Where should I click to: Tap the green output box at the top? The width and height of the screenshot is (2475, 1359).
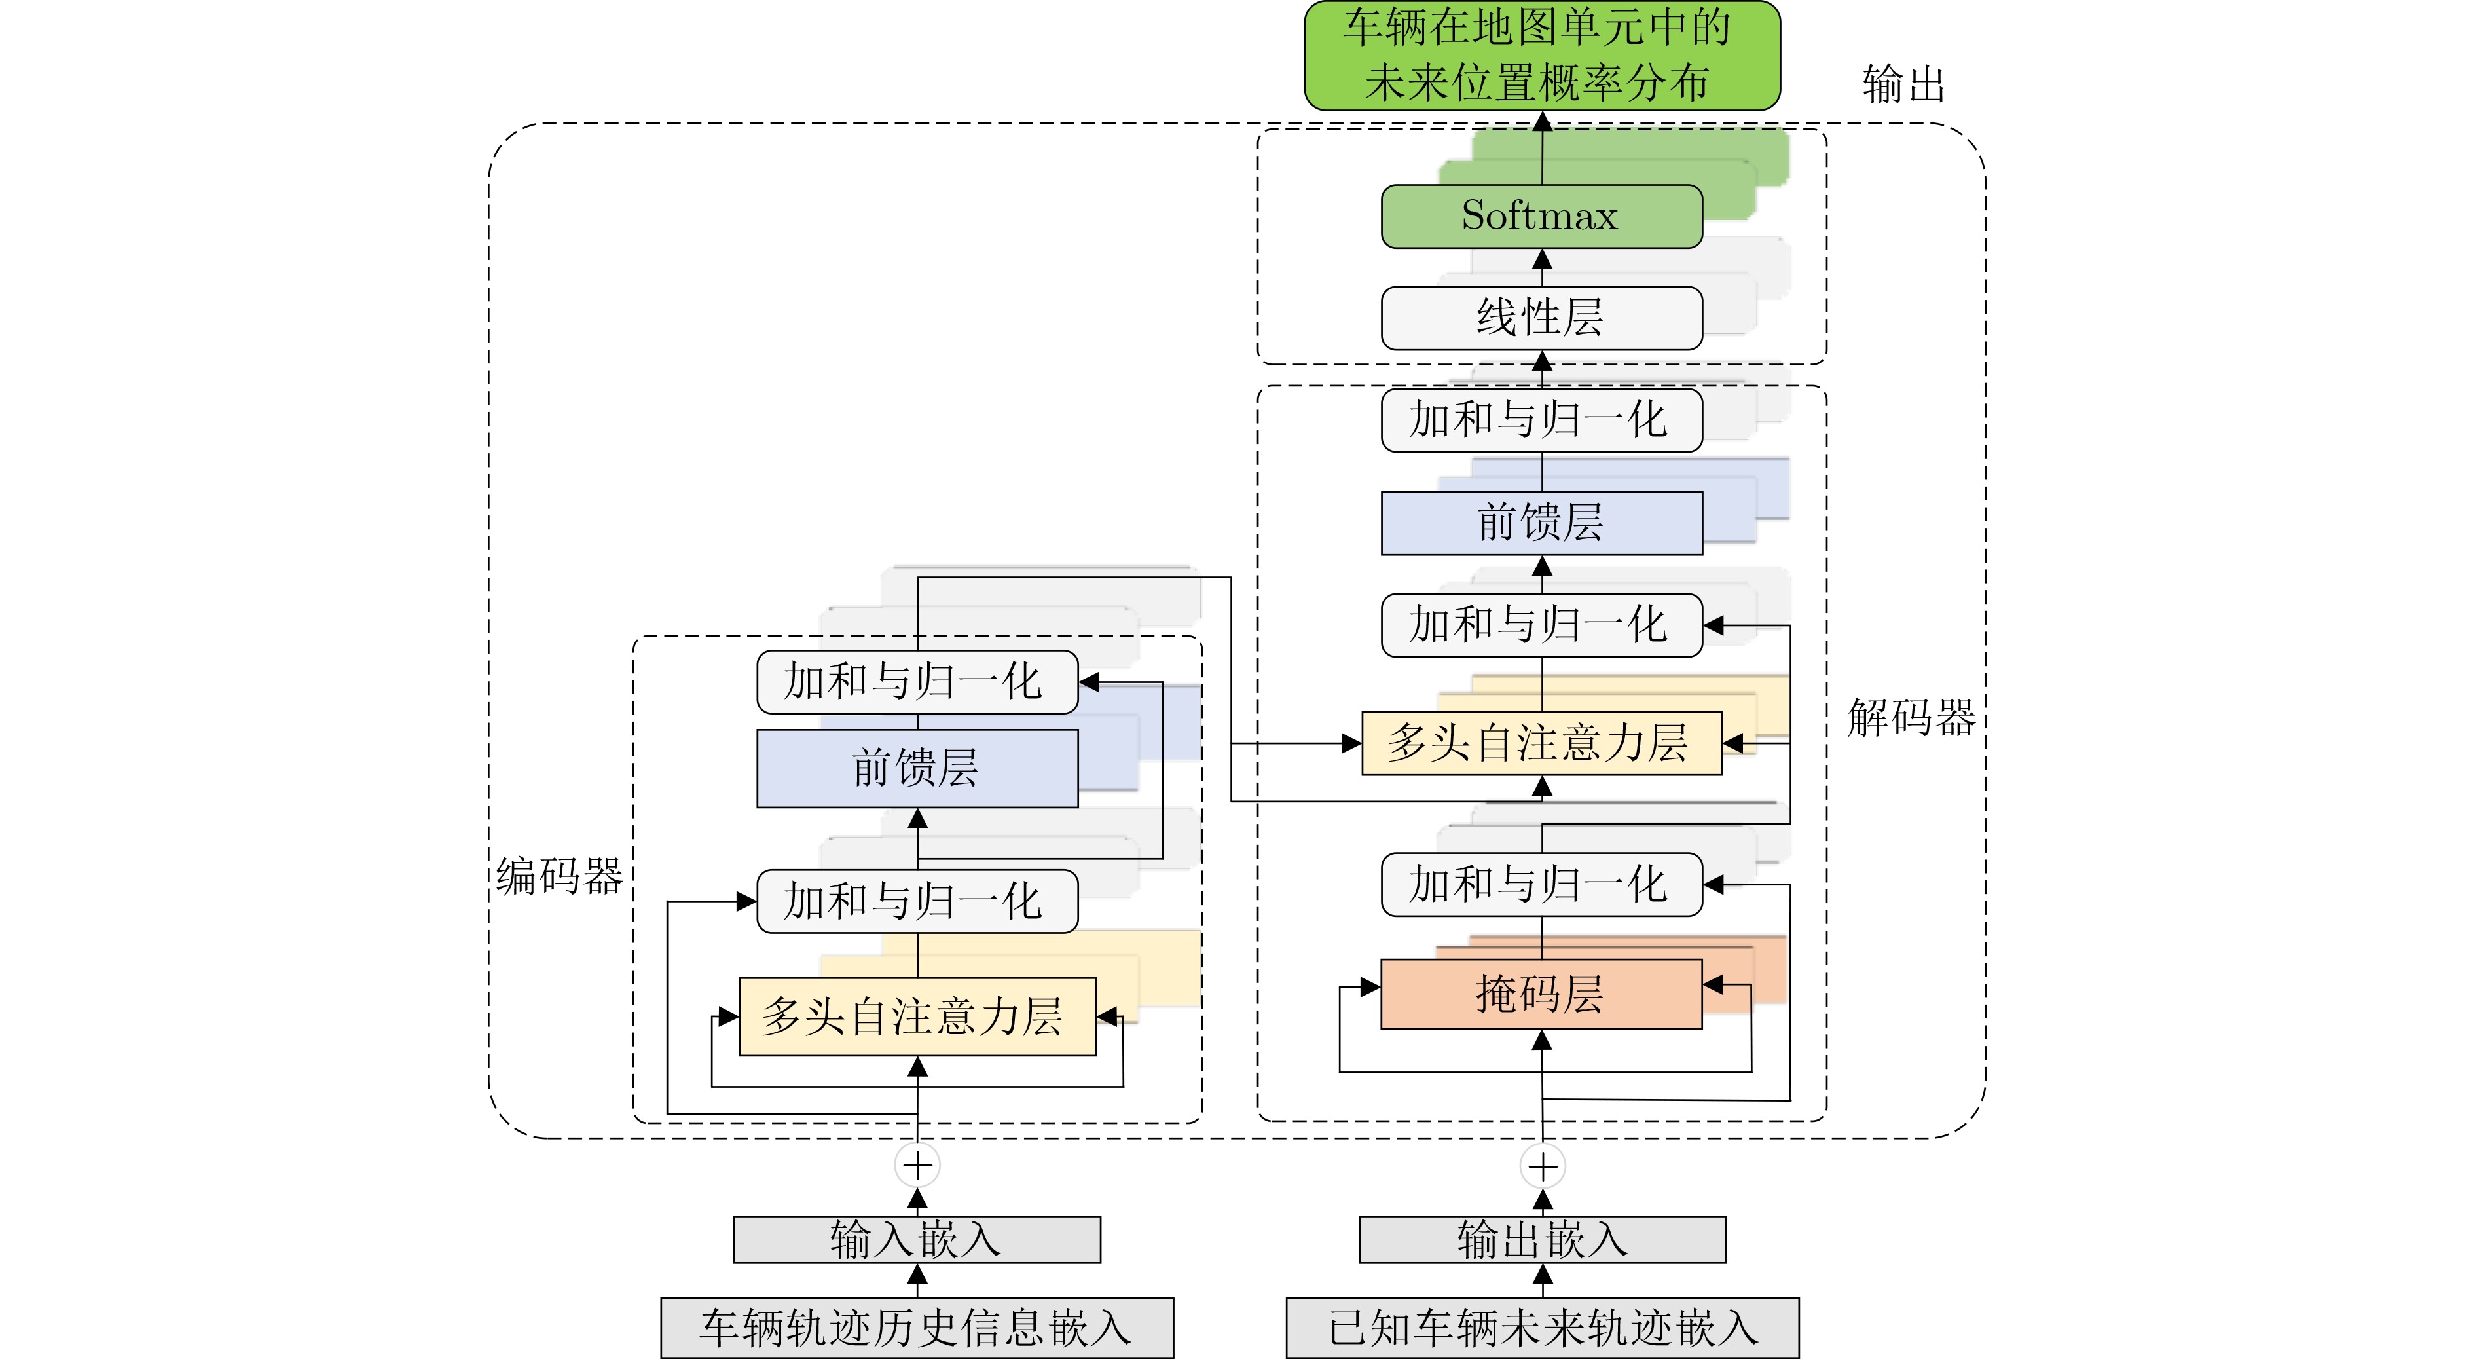point(1541,55)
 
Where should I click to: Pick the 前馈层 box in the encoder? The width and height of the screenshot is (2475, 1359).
point(917,768)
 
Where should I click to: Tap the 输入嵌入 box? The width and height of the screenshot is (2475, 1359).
point(917,1240)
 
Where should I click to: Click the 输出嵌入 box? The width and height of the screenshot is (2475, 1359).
point(1542,1240)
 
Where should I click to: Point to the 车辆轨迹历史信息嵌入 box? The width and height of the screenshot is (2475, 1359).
point(917,1328)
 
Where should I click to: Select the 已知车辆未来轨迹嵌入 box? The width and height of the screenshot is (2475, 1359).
point(1542,1328)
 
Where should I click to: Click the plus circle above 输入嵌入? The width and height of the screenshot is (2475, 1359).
point(917,1166)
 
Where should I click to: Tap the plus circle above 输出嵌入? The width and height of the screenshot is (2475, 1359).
point(1542,1167)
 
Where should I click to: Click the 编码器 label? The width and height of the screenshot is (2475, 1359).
point(559,876)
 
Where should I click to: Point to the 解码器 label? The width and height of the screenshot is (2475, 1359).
point(1910,718)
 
